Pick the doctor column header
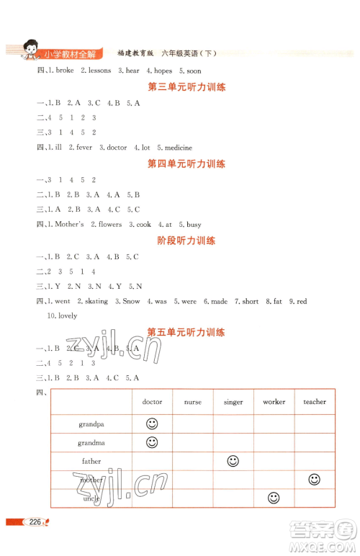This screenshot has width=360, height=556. pyautogui.click(x=152, y=402)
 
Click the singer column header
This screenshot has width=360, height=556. pyautogui.click(x=233, y=403)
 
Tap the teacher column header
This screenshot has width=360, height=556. pyautogui.click(x=314, y=402)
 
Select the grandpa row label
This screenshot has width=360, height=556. pyautogui.click(x=91, y=424)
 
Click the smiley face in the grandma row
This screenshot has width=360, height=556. pyautogui.click(x=152, y=442)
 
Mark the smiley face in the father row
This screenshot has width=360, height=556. pyautogui.click(x=233, y=461)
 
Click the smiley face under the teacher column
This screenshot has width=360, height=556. pyautogui.click(x=314, y=479)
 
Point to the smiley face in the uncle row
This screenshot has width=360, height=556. pyautogui.click(x=274, y=498)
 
